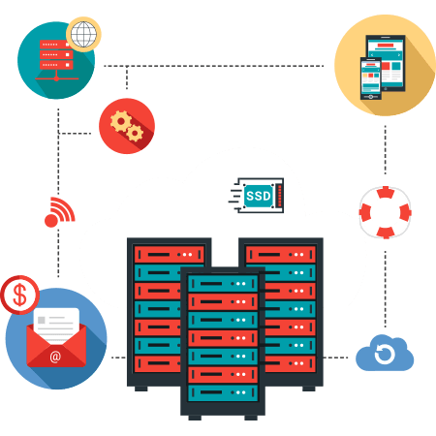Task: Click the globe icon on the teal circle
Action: [x=83, y=34]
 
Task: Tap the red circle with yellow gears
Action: [x=127, y=126]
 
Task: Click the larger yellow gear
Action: [x=121, y=121]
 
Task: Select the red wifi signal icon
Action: [x=59, y=212]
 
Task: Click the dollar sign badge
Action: [x=19, y=295]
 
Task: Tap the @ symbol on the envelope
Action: [x=55, y=357]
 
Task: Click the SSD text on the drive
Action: [x=259, y=196]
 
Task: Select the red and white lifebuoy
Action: [x=386, y=212]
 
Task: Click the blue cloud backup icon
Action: [x=385, y=353]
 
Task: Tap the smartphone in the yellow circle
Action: [x=371, y=78]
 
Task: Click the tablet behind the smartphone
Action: [x=386, y=60]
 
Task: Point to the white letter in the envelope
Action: [x=56, y=325]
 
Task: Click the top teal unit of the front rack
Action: [x=223, y=284]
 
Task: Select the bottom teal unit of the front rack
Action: [x=223, y=392]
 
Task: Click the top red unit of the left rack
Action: [x=170, y=255]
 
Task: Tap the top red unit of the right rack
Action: [x=281, y=255]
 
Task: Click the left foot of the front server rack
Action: [x=195, y=418]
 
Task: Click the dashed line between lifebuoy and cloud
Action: [x=386, y=289]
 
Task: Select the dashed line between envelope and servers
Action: [x=118, y=358]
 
